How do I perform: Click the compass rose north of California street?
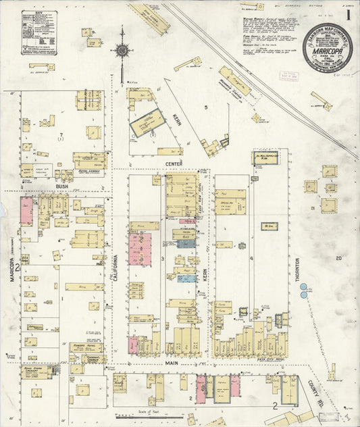coord(122,49)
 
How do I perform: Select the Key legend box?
coord(39,32)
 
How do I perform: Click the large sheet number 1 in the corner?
coord(348,14)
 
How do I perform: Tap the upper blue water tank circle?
coord(303,286)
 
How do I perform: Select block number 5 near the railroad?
coord(206,107)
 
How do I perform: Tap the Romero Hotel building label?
coord(85,347)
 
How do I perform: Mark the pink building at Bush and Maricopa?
coord(27,211)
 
